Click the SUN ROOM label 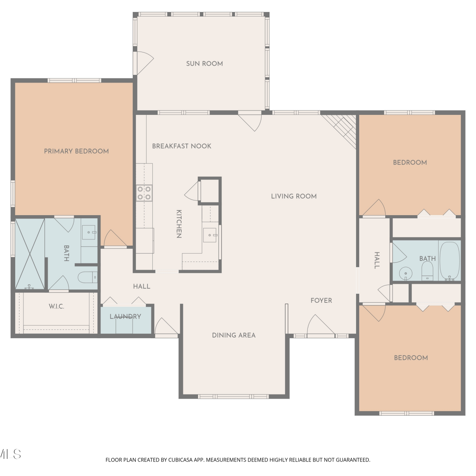coord(204,63)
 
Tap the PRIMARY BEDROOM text coord(76,151)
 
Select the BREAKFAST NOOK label coord(182,146)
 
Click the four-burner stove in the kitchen coord(144,193)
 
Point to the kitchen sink coord(210,235)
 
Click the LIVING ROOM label coord(294,196)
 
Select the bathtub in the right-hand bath coord(450,261)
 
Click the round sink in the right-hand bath coord(406,273)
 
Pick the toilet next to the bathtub coord(427,271)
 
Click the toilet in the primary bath coord(88,277)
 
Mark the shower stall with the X coord(30,254)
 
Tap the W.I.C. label coord(56,306)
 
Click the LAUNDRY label coord(125,316)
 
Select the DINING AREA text coord(234,335)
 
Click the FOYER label coord(321,300)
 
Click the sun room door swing coord(143,63)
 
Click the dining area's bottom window coord(233,396)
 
